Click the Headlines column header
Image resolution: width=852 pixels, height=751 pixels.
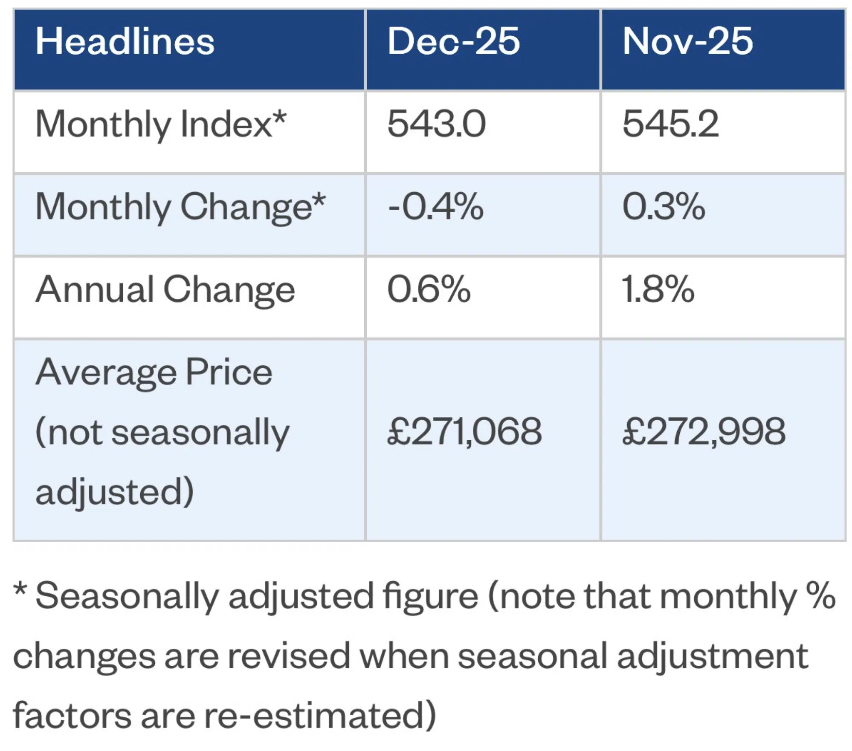[125, 41]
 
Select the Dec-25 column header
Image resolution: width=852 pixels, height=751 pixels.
[453, 41]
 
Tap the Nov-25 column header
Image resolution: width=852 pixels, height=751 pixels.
[687, 41]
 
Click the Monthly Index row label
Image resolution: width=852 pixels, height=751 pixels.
[161, 124]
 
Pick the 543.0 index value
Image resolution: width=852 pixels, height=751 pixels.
[436, 124]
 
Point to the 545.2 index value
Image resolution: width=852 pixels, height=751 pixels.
[670, 124]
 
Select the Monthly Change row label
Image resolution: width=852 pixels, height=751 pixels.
[180, 207]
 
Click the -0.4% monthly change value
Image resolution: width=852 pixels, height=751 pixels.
[435, 207]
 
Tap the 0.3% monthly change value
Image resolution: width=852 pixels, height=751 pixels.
[664, 207]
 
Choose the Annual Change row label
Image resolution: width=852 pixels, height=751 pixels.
[165, 290]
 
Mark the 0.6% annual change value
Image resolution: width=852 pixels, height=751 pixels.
[429, 289]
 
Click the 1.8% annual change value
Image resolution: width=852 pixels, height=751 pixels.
[658, 289]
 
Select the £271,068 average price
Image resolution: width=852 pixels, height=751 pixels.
[464, 432]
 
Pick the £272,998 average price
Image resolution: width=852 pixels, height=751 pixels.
[704, 432]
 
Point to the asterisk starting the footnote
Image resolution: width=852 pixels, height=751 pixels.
[20, 590]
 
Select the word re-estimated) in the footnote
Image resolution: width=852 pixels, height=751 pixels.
[320, 715]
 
